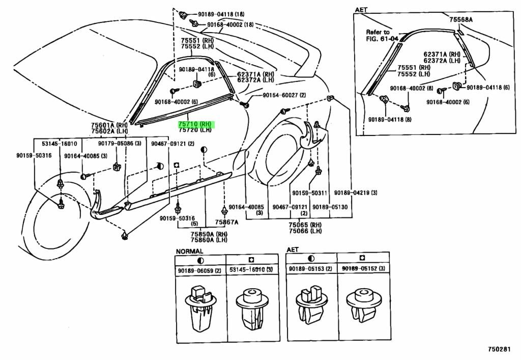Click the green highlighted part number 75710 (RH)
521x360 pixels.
196,124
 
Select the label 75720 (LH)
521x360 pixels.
196,130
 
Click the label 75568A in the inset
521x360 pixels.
461,19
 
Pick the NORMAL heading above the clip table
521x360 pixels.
190,251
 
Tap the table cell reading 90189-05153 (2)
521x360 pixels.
310,269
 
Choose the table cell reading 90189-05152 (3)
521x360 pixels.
363,269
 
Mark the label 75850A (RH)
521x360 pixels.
208,234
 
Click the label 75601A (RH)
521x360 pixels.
109,125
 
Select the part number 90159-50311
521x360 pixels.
309,192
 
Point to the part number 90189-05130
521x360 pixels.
330,207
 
